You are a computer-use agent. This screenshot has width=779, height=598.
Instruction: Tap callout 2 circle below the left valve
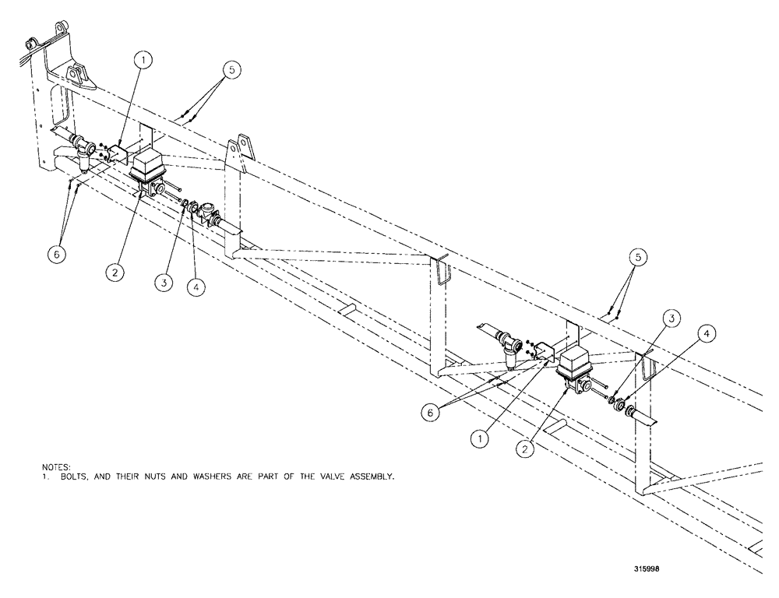115,272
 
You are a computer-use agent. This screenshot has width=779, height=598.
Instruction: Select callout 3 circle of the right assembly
671,318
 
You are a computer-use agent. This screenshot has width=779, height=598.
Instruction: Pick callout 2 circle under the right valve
527,449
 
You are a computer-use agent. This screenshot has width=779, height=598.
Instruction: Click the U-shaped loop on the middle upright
442,273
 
